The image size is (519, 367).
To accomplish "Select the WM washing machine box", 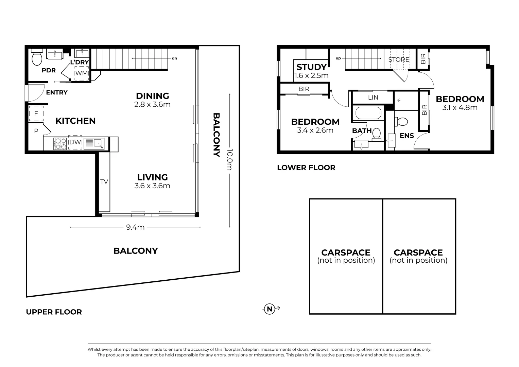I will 82,73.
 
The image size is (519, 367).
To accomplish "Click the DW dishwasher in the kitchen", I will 75,143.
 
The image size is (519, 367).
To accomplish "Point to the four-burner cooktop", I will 60,143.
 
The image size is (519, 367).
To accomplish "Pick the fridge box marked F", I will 36,113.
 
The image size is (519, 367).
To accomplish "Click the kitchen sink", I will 94,144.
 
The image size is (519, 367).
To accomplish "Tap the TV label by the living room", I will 104,182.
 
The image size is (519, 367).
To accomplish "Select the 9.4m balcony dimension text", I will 135,227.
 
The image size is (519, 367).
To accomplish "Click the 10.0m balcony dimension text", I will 230,160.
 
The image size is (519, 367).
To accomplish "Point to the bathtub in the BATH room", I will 368,113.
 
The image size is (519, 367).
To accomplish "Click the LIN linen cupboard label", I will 373,98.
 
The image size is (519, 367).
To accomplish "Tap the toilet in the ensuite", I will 402,121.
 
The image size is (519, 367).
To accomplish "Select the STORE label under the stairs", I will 399,59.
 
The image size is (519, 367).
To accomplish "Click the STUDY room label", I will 311,67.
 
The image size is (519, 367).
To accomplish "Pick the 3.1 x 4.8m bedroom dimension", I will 460,108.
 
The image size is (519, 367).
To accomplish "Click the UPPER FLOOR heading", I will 54,312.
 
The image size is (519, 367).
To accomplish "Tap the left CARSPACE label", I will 346,252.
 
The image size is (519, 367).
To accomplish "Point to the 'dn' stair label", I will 174,58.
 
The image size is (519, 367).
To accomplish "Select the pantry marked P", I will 36,130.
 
